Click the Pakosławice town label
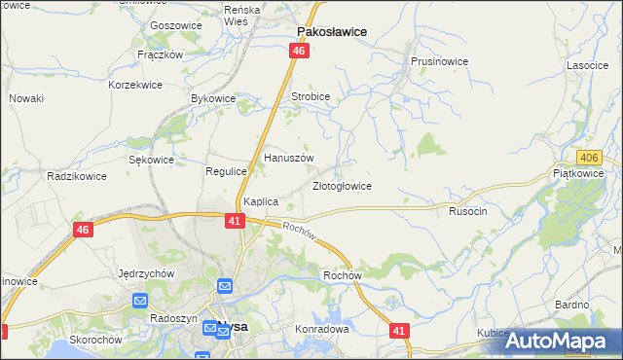[331, 31]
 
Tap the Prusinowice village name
[439, 61]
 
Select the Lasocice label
[587, 65]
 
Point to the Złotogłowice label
[341, 186]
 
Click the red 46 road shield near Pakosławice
[299, 51]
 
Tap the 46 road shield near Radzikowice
[84, 230]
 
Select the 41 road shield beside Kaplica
[234, 221]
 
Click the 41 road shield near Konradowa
[399, 332]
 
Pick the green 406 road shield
[587, 157]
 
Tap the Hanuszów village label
[289, 158]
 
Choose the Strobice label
[311, 97]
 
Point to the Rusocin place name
[467, 210]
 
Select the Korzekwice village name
[134, 86]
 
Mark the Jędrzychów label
[145, 273]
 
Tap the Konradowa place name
[321, 329]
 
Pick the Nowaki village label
[26, 98]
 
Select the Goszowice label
[175, 25]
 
